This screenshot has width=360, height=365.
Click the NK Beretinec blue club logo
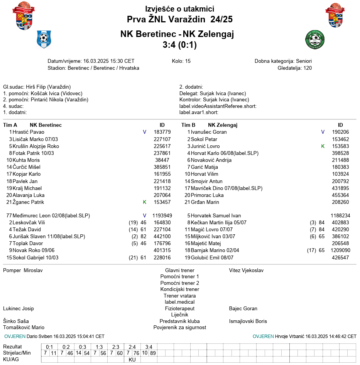click(44, 39)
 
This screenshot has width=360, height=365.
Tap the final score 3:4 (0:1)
click(179, 45)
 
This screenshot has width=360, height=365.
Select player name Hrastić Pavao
click(29, 132)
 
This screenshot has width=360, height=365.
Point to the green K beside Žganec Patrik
click(145, 202)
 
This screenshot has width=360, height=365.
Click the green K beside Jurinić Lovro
click(323, 146)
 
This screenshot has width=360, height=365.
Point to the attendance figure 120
click(308, 68)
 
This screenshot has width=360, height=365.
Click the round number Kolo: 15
click(181, 61)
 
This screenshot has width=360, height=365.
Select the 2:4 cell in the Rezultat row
click(132, 347)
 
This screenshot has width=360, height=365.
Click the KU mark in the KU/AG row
click(132, 360)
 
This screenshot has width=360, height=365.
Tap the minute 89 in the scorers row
click(153, 353)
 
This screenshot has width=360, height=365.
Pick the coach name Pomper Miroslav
click(23, 271)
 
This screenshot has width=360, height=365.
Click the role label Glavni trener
click(179, 271)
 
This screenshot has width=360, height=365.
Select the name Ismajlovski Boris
click(248, 321)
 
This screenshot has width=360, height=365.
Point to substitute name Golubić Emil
click(207, 257)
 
